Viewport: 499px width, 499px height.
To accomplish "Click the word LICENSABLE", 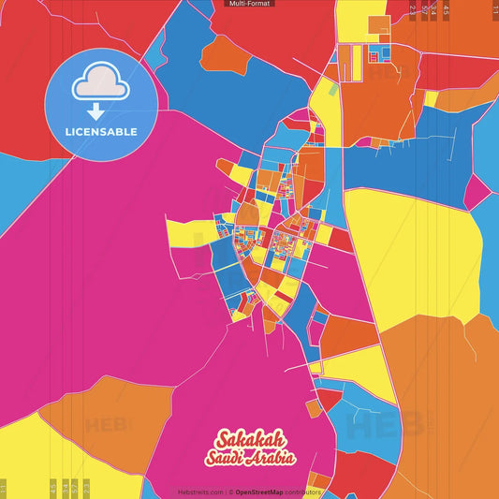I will (x=101, y=132).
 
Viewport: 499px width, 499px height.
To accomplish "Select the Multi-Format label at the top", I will (x=250, y=4).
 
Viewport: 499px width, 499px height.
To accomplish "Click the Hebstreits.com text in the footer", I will (x=200, y=492).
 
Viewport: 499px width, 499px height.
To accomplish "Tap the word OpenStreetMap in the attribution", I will (x=264, y=492).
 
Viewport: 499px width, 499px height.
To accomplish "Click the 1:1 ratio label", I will (x=495, y=9).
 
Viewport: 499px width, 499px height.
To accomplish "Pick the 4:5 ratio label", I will (x=446, y=10).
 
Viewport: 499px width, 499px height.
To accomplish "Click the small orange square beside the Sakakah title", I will (x=314, y=408).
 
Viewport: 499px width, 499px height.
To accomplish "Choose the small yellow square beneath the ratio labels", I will (x=431, y=98).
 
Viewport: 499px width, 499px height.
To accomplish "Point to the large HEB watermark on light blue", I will (x=374, y=426).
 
